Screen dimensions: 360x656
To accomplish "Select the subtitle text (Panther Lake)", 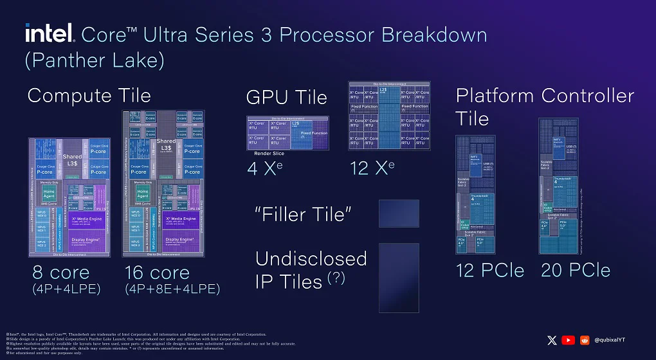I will [95, 60].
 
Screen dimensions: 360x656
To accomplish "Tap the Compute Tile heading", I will [89, 96].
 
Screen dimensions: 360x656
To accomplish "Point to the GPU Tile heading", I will [287, 98].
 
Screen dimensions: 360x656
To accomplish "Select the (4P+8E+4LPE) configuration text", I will [172, 289].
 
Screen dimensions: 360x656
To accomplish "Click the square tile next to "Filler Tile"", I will [399, 213].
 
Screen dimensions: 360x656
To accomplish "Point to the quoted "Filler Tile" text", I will [304, 214].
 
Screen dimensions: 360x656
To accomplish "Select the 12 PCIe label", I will [491, 271].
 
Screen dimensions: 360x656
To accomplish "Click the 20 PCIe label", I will [576, 271].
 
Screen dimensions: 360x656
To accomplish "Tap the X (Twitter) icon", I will [551, 340].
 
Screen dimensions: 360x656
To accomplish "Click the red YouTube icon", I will [568, 340].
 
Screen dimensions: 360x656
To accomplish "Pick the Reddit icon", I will [585, 340].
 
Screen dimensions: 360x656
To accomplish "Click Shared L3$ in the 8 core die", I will [72, 160].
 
